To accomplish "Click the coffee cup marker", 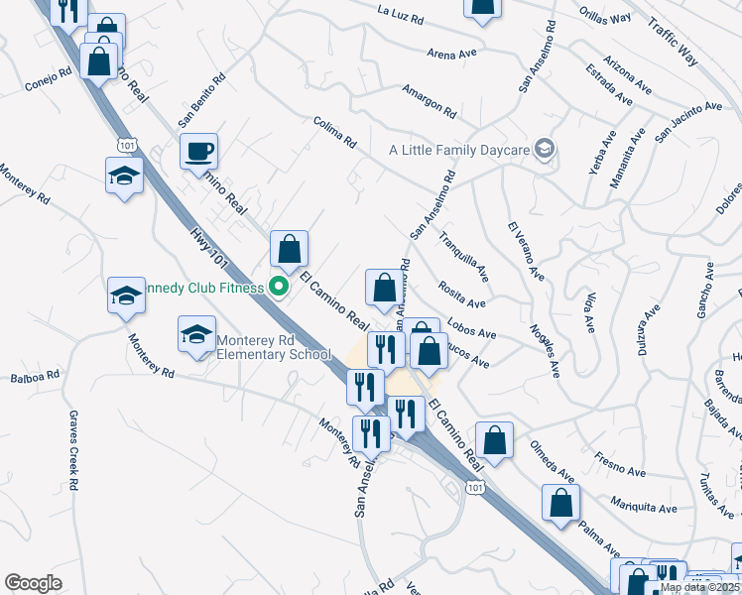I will [199, 152].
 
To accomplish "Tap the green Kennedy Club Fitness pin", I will [279, 288].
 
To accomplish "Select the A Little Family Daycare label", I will [457, 150].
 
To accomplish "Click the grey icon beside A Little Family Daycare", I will [544, 150].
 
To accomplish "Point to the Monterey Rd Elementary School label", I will [274, 345].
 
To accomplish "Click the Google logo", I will [33, 583].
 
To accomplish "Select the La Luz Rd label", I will [400, 12].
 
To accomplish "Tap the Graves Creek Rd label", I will [74, 451].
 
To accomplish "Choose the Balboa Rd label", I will [35, 377].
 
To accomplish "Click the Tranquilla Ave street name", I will [463, 257].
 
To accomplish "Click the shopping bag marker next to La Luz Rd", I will [482, 9].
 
